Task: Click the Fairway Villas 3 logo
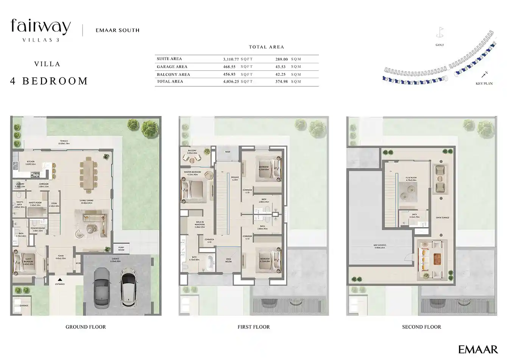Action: tap(41, 30)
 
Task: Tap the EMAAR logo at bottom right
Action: tap(478, 349)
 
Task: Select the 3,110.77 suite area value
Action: tap(231, 59)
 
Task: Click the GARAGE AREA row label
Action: tap(172, 67)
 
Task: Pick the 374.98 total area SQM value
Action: tap(282, 81)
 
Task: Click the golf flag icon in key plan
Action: tap(440, 32)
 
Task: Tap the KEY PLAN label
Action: tap(484, 83)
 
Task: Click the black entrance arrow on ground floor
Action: tap(60, 280)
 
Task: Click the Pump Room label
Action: tap(121, 249)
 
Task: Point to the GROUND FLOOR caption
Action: tap(86, 327)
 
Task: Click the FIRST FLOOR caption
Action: tap(253, 327)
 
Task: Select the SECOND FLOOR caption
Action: tap(421, 327)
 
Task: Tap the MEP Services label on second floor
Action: tap(380, 246)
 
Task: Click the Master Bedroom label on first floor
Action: tap(192, 173)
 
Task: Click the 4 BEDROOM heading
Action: tap(49, 81)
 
